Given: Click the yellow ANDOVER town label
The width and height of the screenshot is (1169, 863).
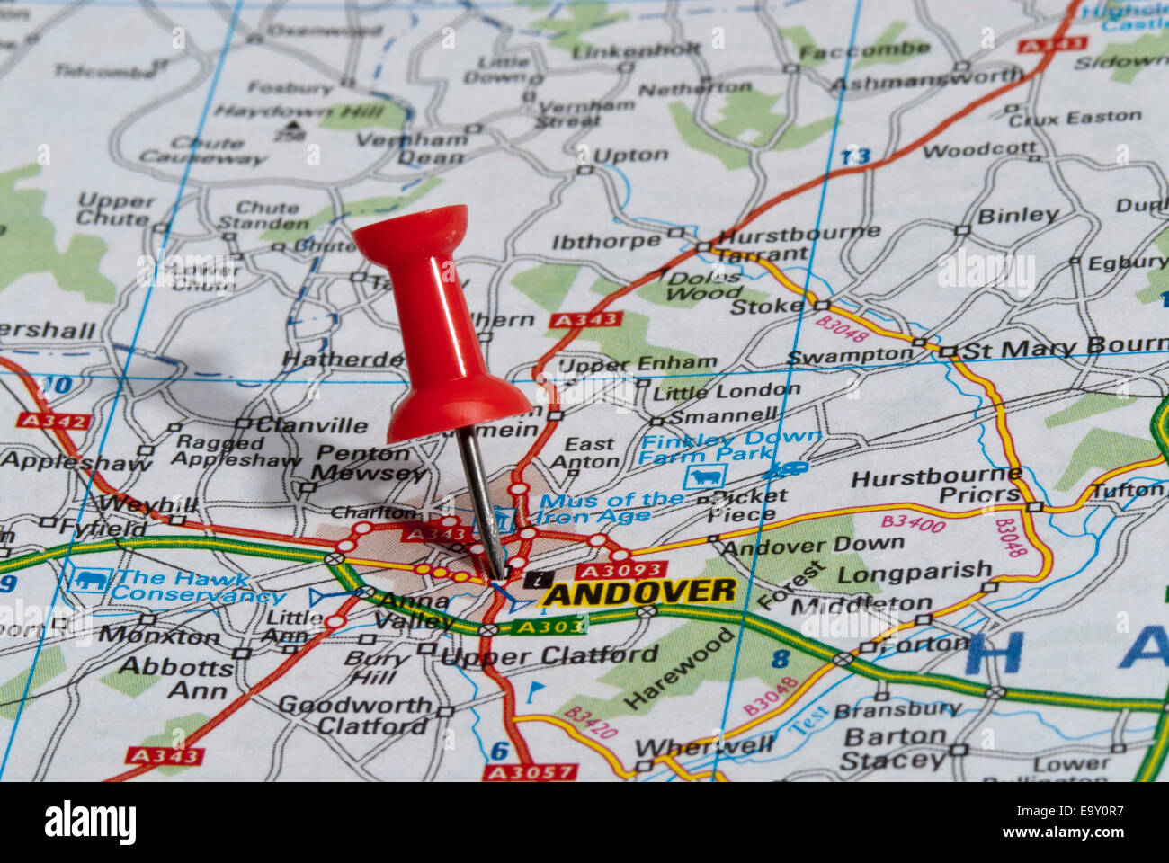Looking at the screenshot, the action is pos(639,592).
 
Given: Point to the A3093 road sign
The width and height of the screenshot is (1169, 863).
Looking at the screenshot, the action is pos(620,570).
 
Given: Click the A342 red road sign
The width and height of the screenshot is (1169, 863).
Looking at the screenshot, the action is pos(53,421).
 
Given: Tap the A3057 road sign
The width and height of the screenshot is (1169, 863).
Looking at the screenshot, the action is pos(530,771).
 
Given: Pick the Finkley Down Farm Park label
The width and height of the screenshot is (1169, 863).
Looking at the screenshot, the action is pos(730,447).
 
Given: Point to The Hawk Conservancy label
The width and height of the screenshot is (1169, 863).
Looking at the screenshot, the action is pos(193,586).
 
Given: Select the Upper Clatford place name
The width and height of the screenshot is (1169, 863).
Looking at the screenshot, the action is pos(549,656).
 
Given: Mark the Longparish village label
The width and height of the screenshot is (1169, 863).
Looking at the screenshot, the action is pos(914,572).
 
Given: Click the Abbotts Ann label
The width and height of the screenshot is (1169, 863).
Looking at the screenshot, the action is pos(174,679).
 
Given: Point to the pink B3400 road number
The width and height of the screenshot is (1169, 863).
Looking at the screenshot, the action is pos(913,522).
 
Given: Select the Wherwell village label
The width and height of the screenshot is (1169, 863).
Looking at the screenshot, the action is pos(704,746).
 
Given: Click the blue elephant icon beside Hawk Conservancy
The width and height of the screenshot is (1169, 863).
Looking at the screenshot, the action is pos(87,580).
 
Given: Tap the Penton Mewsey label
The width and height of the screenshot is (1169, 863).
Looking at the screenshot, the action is pos(369,463).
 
